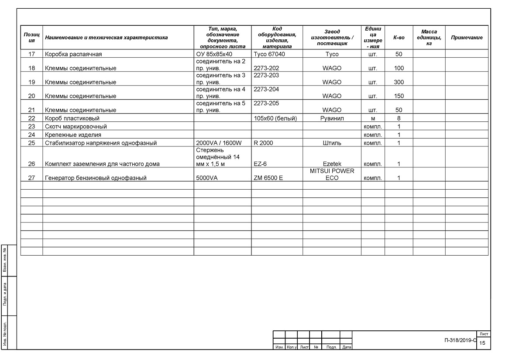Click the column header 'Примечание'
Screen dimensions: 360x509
[x=467, y=38]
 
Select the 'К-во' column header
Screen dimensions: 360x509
[x=399, y=38]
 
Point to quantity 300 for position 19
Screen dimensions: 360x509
[x=399, y=82]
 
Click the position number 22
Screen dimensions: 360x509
[x=31, y=118]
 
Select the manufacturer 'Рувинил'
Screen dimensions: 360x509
[x=331, y=118]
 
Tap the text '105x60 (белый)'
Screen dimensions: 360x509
[x=275, y=118]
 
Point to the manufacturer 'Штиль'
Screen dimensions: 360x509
[x=331, y=143]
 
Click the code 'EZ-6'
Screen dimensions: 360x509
[x=260, y=164]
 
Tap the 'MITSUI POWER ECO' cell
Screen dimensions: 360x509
[x=331, y=174]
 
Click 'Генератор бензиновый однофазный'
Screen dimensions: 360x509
[x=95, y=178]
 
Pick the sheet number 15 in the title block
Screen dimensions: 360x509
[x=482, y=343]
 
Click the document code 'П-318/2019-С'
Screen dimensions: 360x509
[x=460, y=340]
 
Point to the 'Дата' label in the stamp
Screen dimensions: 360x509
[x=347, y=347]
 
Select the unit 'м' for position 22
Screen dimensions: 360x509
[x=373, y=118]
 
